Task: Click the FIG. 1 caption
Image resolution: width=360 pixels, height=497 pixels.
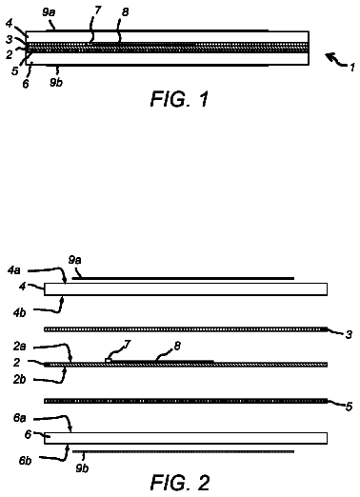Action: pyautogui.click(x=180, y=99)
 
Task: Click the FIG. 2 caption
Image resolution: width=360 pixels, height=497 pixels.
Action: pyautogui.click(x=180, y=483)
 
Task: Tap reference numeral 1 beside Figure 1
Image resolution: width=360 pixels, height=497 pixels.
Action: pyautogui.click(x=352, y=68)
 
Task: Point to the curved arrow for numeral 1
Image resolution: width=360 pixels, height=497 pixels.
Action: pyautogui.click(x=336, y=60)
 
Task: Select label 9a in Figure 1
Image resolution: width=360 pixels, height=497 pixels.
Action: pyautogui.click(x=49, y=12)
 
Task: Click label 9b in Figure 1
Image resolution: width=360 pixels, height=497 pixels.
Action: pyautogui.click(x=56, y=82)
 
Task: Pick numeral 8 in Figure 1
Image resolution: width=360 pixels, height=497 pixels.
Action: pyautogui.click(x=125, y=12)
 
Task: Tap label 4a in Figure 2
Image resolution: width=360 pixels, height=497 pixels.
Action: pyautogui.click(x=14, y=270)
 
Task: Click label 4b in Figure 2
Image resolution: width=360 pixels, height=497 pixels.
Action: pyautogui.click(x=19, y=312)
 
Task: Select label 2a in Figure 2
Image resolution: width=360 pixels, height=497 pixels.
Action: pyautogui.click(x=19, y=347)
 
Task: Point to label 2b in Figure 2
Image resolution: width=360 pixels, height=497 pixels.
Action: pyautogui.click(x=19, y=380)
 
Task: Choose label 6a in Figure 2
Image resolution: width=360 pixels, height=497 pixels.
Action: pyautogui.click(x=19, y=418)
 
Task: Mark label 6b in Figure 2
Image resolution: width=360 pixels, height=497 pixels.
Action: pyautogui.click(x=25, y=461)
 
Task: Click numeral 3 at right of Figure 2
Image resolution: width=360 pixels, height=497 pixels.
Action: pyautogui.click(x=349, y=334)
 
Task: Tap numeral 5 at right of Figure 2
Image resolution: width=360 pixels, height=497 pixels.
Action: pyautogui.click(x=349, y=407)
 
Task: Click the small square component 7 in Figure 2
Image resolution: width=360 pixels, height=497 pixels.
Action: pyautogui.click(x=109, y=360)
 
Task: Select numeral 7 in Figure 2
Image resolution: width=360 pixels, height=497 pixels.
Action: pyautogui.click(x=128, y=345)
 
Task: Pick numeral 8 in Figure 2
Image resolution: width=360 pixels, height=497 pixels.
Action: pyautogui.click(x=177, y=346)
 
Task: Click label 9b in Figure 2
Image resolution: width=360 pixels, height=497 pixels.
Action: pyautogui.click(x=82, y=467)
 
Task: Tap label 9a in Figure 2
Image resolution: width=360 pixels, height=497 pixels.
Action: pyautogui.click(x=74, y=260)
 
